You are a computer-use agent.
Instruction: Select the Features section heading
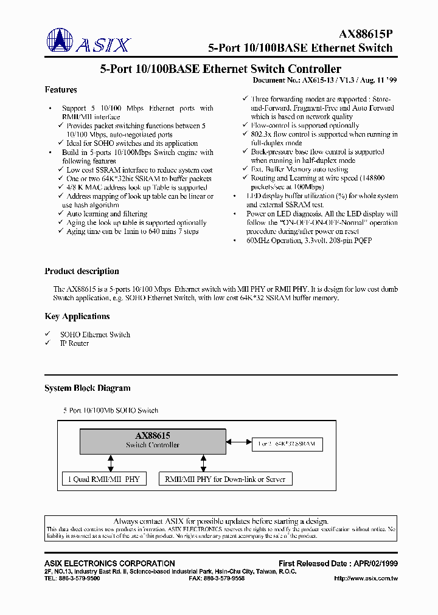click(61, 90)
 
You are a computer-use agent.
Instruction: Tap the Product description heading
click(82, 271)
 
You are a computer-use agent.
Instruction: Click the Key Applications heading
click(77, 316)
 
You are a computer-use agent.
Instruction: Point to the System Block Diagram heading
click(88, 388)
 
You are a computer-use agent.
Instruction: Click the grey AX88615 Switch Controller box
click(153, 441)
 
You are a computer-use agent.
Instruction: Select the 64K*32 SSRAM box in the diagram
click(287, 444)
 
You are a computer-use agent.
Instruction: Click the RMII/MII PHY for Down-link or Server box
click(225, 479)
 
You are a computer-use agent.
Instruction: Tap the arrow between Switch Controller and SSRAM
click(238, 442)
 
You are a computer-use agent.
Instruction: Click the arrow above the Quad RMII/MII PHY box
click(111, 462)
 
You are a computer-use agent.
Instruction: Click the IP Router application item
click(74, 343)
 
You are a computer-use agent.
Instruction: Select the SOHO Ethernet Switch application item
click(95, 334)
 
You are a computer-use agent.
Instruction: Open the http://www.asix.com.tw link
click(366, 578)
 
